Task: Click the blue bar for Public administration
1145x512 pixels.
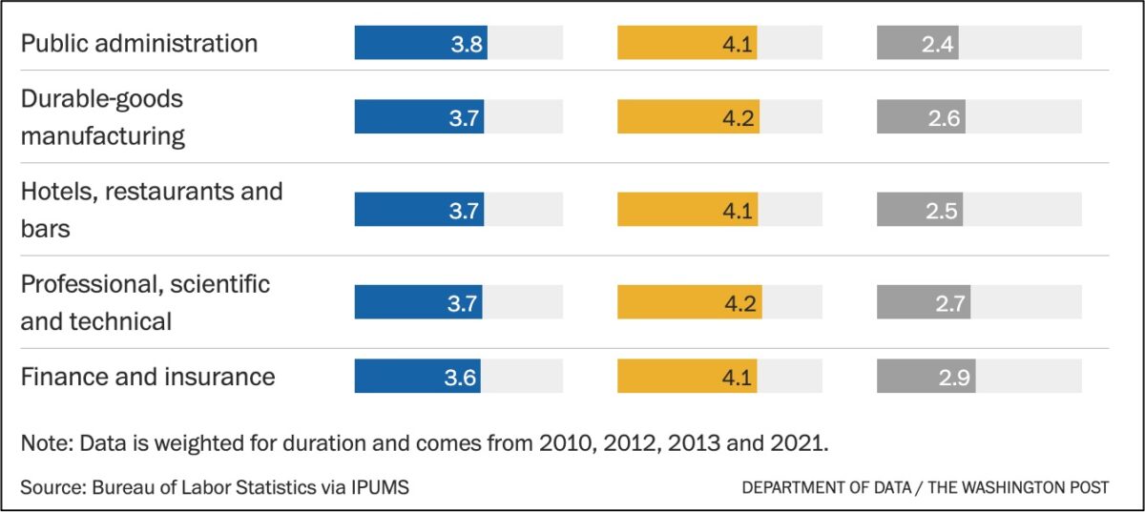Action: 420,43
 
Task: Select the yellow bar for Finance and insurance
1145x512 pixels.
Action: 687,376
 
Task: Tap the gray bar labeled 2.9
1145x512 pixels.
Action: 926,376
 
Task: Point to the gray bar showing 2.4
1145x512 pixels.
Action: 917,43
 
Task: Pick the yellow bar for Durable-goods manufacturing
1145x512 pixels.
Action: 688,116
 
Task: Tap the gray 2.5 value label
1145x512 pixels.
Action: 941,210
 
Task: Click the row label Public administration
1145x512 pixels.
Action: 139,43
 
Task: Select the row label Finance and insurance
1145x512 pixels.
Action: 148,377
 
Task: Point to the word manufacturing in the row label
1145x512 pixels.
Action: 103,135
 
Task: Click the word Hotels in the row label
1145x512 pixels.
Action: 58,191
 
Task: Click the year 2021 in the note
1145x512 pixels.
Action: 806,444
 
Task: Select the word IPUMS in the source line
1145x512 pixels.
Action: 378,487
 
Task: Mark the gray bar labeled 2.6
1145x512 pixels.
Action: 920,116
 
